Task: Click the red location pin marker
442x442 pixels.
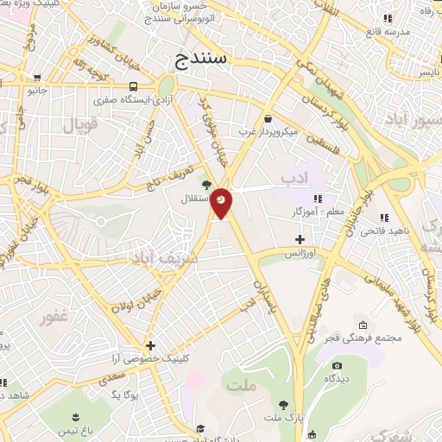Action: click(x=222, y=202)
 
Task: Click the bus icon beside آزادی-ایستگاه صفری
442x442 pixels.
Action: click(x=133, y=86)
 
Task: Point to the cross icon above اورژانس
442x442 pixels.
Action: click(x=300, y=238)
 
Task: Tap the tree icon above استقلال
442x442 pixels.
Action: click(x=205, y=185)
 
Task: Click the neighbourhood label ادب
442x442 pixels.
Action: click(x=294, y=177)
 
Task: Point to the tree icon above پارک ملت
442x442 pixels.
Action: click(x=283, y=404)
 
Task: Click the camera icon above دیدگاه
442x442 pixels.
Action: click(x=335, y=366)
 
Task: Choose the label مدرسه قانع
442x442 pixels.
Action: click(x=385, y=32)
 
